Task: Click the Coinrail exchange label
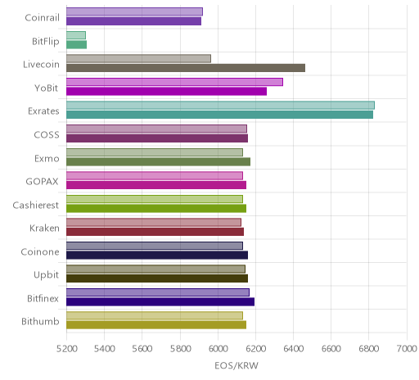click(x=42, y=18)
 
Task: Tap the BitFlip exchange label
click(x=46, y=42)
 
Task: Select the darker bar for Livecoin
click(x=186, y=68)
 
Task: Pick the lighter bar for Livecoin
click(x=138, y=58)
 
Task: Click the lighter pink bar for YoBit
click(x=174, y=82)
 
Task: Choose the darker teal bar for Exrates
click(x=219, y=115)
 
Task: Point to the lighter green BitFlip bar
click(x=76, y=35)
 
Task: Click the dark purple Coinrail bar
click(x=133, y=21)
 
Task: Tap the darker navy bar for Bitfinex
click(x=160, y=301)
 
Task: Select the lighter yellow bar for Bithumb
click(x=155, y=315)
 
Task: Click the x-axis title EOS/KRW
click(x=237, y=365)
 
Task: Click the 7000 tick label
click(x=407, y=349)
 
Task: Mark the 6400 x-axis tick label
click(x=294, y=349)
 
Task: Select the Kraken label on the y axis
click(x=44, y=228)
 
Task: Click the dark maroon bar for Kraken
click(x=155, y=232)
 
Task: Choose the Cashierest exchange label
click(x=36, y=205)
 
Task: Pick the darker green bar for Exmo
click(x=158, y=161)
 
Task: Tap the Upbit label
click(x=46, y=275)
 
